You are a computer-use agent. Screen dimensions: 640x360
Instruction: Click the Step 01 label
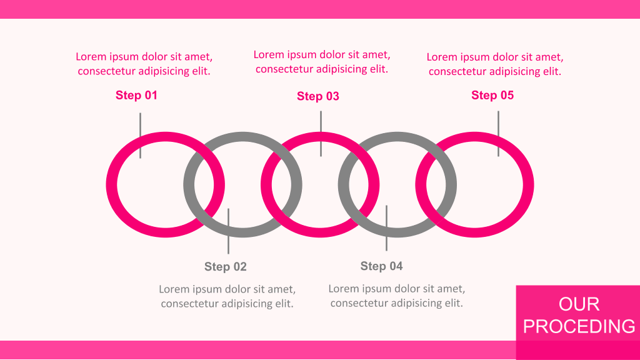(x=136, y=95)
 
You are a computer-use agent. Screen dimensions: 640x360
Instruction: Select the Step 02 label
(x=225, y=266)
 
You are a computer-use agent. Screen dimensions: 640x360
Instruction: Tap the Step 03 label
(x=318, y=96)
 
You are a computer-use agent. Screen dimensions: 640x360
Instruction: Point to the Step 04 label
(x=382, y=266)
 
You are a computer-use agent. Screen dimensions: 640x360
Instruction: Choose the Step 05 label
(x=492, y=95)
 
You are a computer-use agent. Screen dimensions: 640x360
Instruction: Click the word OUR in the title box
(x=579, y=304)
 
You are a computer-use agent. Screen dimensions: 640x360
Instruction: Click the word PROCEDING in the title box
(x=579, y=326)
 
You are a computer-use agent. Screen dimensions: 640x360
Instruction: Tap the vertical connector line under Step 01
(x=141, y=136)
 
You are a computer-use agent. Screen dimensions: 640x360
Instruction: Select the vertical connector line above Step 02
(x=228, y=231)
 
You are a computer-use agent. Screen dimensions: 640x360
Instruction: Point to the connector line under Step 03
(x=321, y=134)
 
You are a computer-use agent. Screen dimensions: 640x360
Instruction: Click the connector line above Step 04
(x=386, y=227)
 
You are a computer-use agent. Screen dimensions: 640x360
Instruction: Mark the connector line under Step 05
(x=498, y=134)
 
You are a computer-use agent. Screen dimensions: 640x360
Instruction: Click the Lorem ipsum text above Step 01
(x=144, y=64)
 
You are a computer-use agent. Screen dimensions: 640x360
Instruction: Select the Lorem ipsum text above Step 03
(x=322, y=62)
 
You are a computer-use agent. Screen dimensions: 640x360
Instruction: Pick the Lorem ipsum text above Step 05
(x=495, y=64)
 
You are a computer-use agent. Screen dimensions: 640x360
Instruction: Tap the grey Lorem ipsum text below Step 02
(x=227, y=296)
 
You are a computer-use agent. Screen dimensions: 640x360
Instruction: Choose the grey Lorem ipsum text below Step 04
(x=397, y=296)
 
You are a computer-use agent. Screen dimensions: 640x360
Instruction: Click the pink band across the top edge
(x=320, y=9)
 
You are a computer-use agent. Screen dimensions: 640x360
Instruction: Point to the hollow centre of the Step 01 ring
(x=155, y=184)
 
